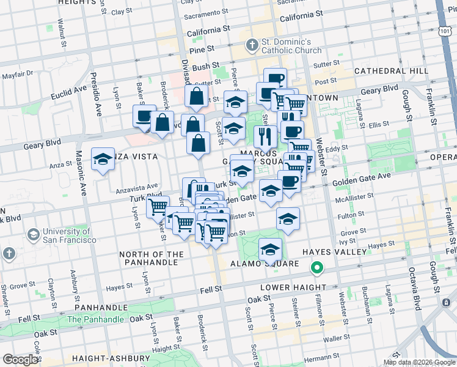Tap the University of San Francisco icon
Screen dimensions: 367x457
pos(34,234)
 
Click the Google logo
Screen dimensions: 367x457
pos(20,360)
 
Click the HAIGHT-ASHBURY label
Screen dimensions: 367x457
pos(111,358)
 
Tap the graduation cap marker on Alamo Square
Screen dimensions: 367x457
pos(270,250)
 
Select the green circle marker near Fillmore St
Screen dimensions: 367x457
pos(316,267)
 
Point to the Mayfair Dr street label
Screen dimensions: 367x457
pos(18,75)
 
